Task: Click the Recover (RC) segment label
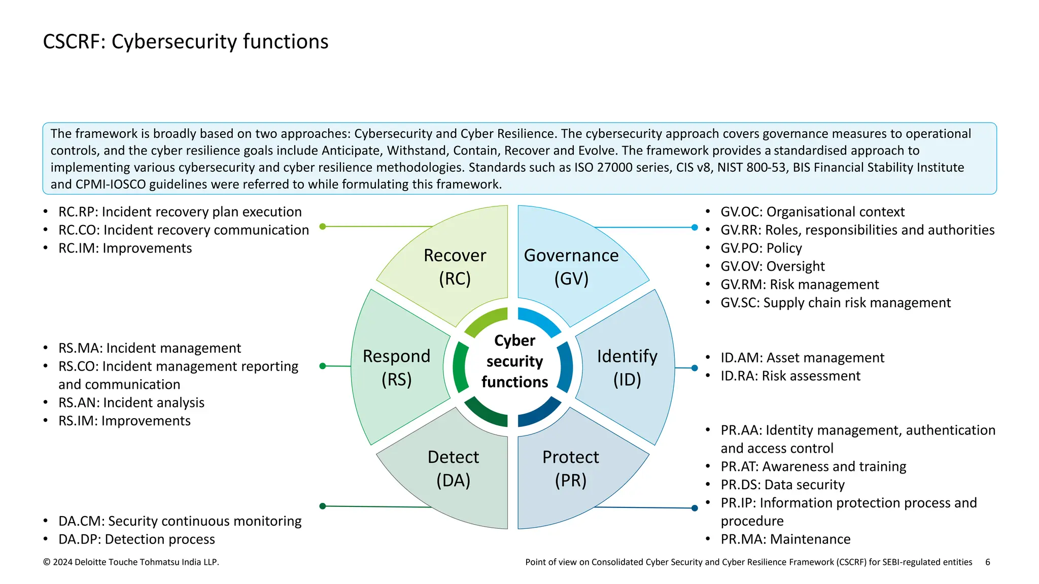coord(455,267)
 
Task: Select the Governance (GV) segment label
coord(571,267)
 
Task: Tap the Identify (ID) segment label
coord(627,368)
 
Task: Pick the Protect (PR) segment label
coord(571,468)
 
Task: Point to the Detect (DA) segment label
coord(454,468)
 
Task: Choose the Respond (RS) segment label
coord(397,368)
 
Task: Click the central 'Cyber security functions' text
coord(514,361)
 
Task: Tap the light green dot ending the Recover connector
coord(323,227)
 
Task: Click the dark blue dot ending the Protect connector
coord(695,508)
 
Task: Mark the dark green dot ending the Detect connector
coord(323,506)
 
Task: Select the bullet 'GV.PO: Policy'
coord(761,248)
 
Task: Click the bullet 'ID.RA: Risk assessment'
coord(790,376)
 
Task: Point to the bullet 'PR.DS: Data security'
coord(782,485)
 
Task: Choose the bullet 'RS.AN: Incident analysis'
coord(131,403)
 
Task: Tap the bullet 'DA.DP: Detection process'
coord(136,539)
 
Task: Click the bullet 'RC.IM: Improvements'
coord(125,248)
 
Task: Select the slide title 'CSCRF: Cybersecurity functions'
coord(186,42)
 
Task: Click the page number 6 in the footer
coord(988,562)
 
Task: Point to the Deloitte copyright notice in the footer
coord(131,562)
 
